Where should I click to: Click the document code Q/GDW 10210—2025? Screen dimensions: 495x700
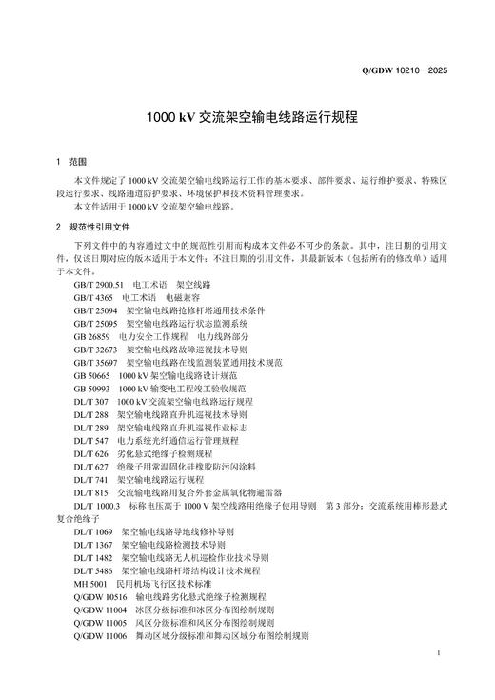(404, 70)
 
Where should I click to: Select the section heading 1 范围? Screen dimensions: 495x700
(71, 163)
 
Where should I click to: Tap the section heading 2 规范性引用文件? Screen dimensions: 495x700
(92, 227)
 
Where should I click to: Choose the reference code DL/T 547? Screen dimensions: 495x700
(89, 441)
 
